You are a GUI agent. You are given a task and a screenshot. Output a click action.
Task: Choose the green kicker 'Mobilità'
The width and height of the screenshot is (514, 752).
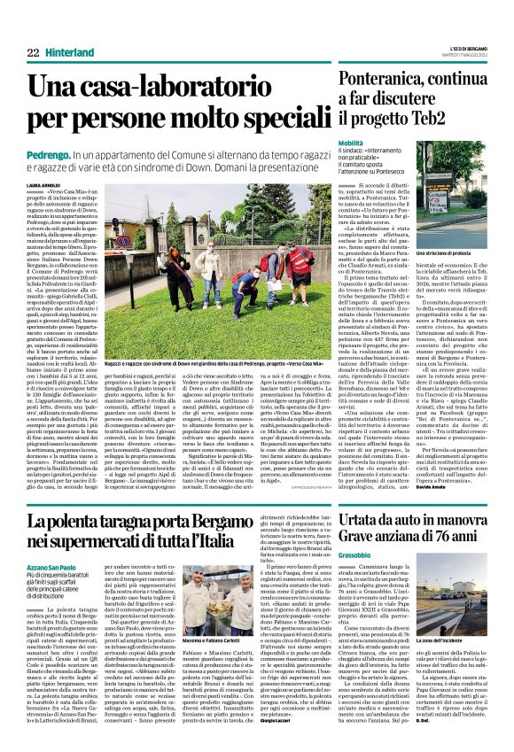pyautogui.click(x=350, y=142)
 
